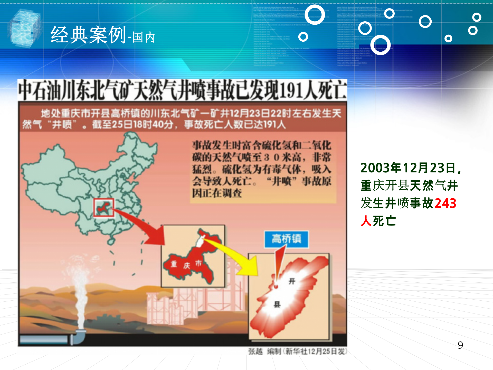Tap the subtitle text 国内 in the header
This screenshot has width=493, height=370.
pos(144,38)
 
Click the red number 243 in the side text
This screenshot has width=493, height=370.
pos(445,203)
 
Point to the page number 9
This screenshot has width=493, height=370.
pos(460,345)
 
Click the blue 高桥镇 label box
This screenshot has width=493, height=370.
pos(286,239)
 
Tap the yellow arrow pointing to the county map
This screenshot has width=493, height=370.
pos(239,257)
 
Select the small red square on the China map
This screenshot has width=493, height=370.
pos(103,208)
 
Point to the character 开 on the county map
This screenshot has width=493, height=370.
pos(292,281)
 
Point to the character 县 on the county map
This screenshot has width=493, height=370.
pos(277,304)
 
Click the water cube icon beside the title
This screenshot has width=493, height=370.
pos(25,28)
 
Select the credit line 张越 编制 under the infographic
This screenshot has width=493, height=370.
pos(264,351)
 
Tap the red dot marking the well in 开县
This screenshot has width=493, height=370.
pos(276,286)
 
